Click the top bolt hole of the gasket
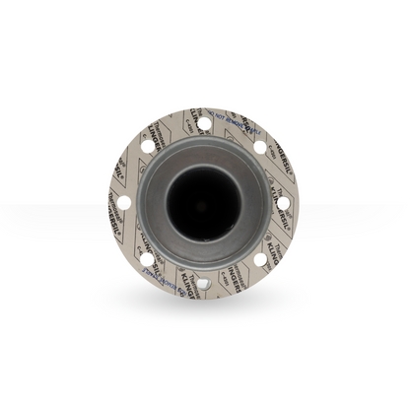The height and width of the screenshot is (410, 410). click(204, 123)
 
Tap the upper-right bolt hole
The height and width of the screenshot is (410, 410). click(260, 147)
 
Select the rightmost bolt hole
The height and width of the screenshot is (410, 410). click(284, 203)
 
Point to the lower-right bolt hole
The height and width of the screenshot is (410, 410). click(260, 259)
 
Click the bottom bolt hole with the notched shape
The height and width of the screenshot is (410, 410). click(203, 283)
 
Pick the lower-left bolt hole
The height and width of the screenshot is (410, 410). click(147, 259)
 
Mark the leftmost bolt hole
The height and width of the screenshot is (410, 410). click(123, 203)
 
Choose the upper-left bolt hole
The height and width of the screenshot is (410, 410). click(147, 146)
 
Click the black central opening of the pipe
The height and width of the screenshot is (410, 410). click(203, 203)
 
